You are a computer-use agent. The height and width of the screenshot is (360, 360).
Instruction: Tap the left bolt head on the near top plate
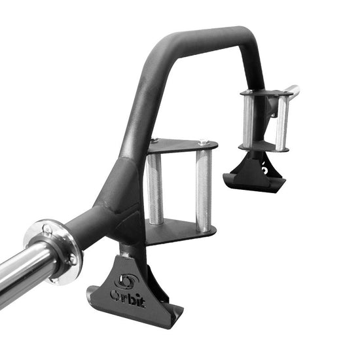tap(154, 141)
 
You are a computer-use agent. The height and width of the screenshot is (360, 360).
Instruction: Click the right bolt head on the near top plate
tap(204, 142)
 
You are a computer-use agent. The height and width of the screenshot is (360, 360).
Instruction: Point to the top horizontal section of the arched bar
tap(209, 36)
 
